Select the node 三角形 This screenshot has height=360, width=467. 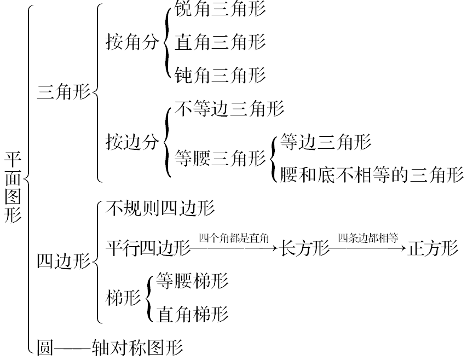pyautogui.click(x=64, y=92)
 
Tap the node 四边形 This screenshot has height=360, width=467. pyautogui.click(x=64, y=261)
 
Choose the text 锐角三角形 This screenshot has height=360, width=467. pyautogui.click(x=220, y=10)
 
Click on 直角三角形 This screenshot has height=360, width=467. pyautogui.click(x=220, y=42)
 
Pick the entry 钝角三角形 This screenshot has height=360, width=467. pyautogui.click(x=220, y=74)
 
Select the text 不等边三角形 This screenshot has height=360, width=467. pyautogui.click(x=229, y=108)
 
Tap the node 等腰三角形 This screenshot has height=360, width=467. pyautogui.click(x=220, y=159)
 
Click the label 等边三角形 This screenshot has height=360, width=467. pyautogui.click(x=325, y=142)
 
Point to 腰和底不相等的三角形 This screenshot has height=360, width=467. pyautogui.click(x=371, y=175)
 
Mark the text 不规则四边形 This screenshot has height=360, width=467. pyautogui.click(x=160, y=208)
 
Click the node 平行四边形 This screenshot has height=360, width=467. pyautogui.click(x=148, y=248)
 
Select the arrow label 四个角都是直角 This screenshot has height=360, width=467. pyautogui.click(x=234, y=238)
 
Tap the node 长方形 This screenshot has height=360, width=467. pyautogui.click(x=304, y=248)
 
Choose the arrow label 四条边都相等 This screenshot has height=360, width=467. pyautogui.click(x=367, y=238)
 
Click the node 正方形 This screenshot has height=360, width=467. pyautogui.click(x=433, y=248)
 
